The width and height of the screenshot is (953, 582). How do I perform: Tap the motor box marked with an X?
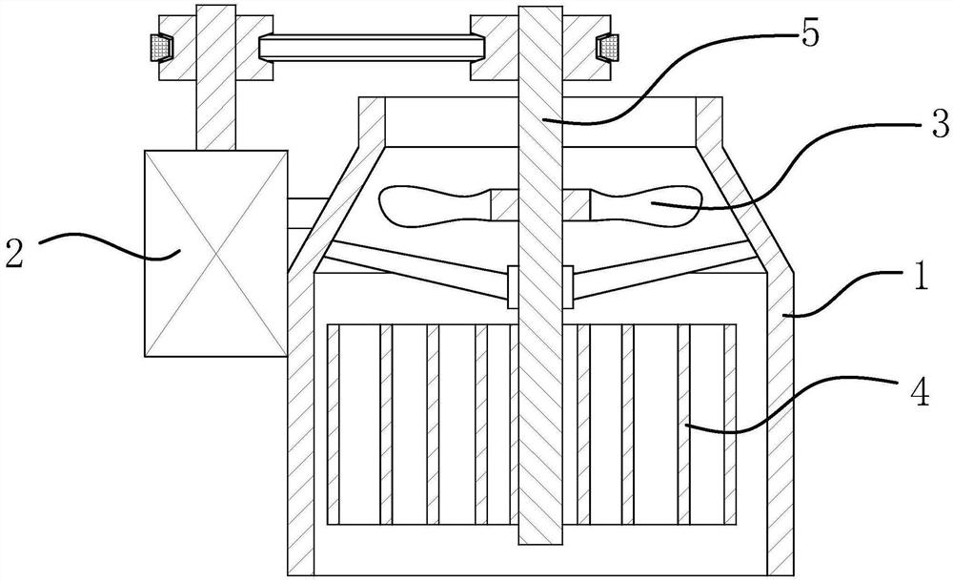click(214, 253)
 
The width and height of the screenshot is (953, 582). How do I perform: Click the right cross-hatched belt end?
click(604, 45)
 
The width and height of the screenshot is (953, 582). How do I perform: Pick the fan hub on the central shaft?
click(539, 203)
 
